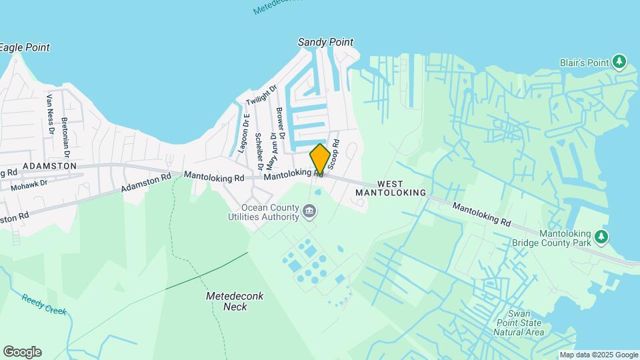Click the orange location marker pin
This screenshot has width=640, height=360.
319,159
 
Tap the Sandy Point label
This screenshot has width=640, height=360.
325,42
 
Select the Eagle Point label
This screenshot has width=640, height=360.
24,47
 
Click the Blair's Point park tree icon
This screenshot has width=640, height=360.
620,63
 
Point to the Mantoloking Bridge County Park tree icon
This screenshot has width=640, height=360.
601,237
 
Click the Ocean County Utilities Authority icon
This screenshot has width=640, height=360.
309,212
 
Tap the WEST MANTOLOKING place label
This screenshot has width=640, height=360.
391,188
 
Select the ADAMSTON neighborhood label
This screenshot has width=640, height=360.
49,165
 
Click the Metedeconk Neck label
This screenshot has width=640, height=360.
227,301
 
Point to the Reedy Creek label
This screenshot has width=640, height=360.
44,304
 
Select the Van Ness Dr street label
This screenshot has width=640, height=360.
50,114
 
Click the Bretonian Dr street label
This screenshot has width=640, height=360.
65,133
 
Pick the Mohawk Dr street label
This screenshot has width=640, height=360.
29,183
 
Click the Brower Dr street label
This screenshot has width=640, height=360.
280,123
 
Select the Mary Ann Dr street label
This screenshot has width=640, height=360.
271,151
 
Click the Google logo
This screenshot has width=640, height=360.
22,352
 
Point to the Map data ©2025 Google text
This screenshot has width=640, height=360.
598,355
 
